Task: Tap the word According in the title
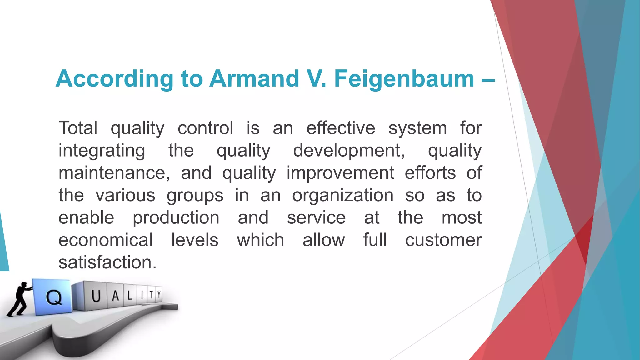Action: click(114, 78)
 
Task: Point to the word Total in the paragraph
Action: click(78, 128)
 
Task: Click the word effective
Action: click(341, 128)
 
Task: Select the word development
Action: click(349, 151)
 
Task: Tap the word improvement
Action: click(340, 173)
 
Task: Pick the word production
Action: click(176, 218)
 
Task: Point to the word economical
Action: click(106, 240)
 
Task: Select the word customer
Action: click(443, 240)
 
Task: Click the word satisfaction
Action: click(107, 262)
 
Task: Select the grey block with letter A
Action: click(116, 295)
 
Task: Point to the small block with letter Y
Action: click(159, 294)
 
